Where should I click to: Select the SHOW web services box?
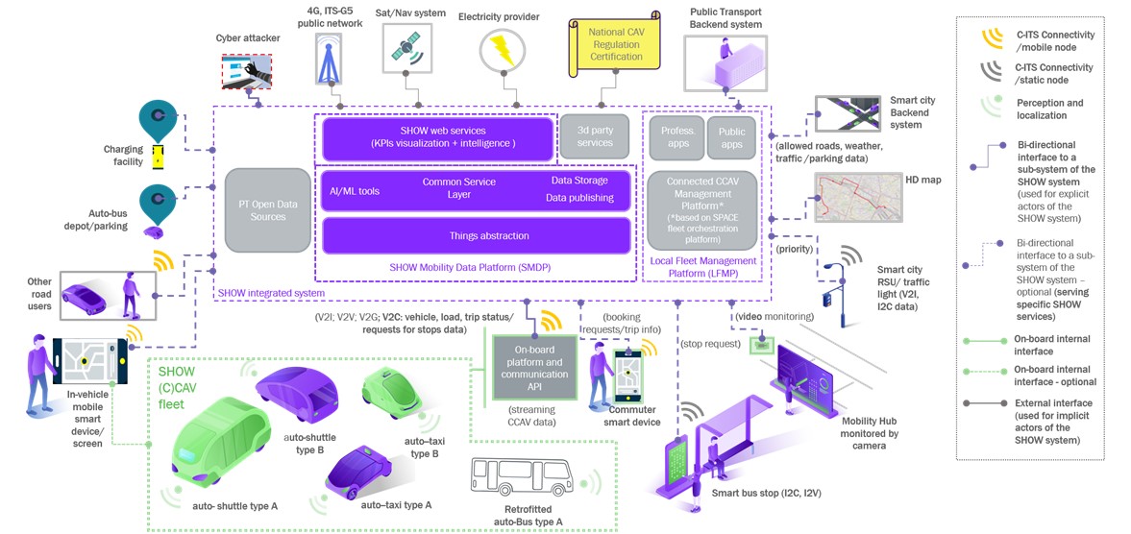pos(437,138)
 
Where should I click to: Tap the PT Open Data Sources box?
pos(267,211)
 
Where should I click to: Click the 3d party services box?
pos(595,137)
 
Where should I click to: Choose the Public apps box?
pos(731,137)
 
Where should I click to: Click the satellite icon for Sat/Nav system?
pos(406,48)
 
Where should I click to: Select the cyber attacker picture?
pos(247,71)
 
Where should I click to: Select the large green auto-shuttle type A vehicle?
pos(221,441)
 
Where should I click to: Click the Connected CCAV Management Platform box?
pos(701,209)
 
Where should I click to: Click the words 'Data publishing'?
pos(579,198)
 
